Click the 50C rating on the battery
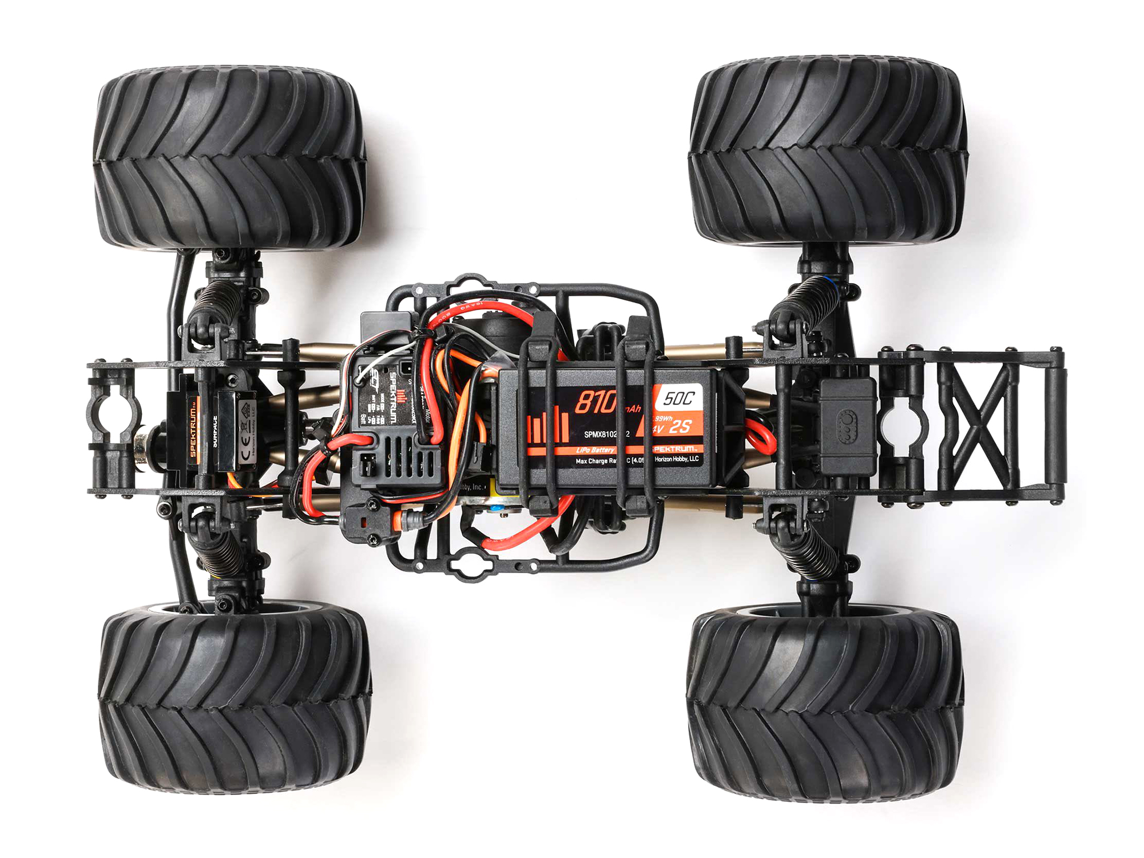679,398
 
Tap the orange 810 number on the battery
595,403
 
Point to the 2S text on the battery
680,427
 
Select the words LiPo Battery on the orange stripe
595,450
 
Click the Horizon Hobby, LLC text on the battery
677,459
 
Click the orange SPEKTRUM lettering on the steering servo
193,432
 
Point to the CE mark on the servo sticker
247,440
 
